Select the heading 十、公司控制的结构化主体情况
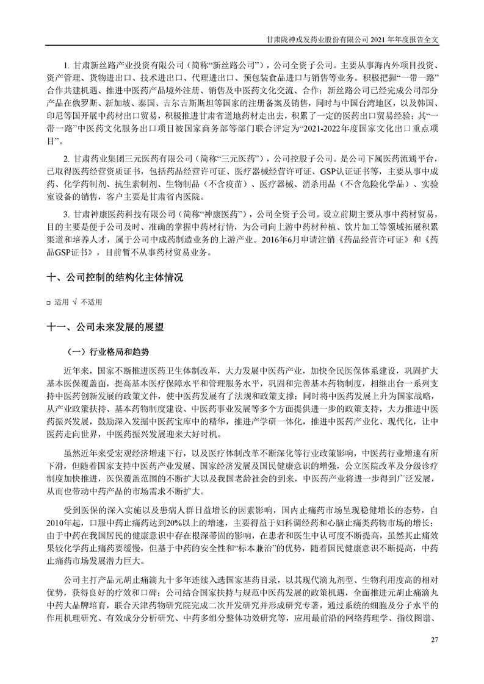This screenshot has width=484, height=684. pos(115,277)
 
